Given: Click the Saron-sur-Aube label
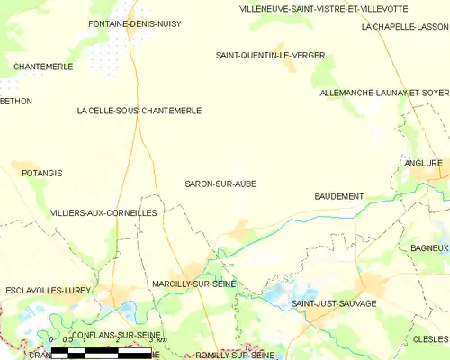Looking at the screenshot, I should click(x=220, y=184).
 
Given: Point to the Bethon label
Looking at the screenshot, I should click(x=16, y=102).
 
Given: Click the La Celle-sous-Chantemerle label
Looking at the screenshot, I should click(x=139, y=111).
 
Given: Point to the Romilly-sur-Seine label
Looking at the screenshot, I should click(x=235, y=355).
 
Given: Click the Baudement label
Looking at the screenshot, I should click(x=339, y=196).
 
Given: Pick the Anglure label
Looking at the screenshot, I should click(x=425, y=163).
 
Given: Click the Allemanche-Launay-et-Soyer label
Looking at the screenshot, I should click(x=384, y=93).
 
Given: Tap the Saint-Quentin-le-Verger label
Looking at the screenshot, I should click(x=270, y=55).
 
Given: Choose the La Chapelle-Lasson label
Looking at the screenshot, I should click(x=404, y=27).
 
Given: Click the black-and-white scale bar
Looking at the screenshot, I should click(x=109, y=349).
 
